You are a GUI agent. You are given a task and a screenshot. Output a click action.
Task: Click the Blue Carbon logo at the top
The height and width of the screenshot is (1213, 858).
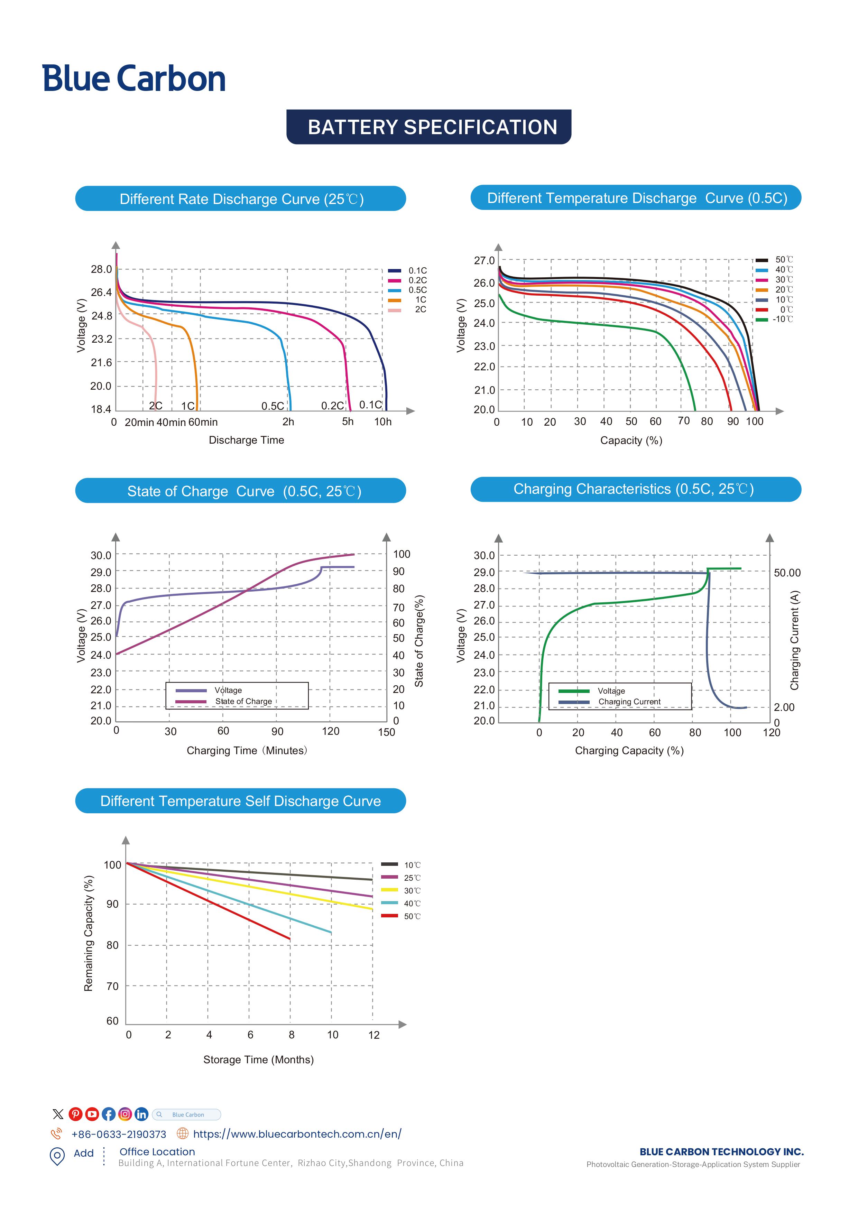click(x=134, y=79)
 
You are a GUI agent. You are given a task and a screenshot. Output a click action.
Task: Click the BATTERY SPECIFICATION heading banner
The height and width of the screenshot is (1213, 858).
click(x=428, y=127)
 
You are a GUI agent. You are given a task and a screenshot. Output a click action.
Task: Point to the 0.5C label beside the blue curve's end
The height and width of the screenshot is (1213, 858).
click(x=273, y=406)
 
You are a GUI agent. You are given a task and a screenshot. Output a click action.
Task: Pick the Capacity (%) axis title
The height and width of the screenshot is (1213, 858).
click(x=631, y=441)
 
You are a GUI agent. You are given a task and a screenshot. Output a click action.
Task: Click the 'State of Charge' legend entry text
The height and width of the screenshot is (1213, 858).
click(x=243, y=702)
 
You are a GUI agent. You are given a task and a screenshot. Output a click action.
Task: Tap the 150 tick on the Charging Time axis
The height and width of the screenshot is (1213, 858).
click(x=386, y=732)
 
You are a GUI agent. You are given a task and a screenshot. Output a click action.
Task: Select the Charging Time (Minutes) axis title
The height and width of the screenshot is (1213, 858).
click(x=247, y=751)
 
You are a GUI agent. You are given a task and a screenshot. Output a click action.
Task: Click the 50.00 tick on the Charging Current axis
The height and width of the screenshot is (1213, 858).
click(x=787, y=573)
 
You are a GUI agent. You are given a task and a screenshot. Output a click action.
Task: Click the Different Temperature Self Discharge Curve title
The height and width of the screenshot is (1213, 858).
click(x=240, y=801)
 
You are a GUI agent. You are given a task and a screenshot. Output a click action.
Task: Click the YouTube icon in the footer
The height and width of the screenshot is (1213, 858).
click(x=92, y=1114)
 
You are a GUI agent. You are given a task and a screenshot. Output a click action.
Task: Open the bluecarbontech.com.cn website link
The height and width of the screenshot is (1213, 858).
click(x=297, y=1134)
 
